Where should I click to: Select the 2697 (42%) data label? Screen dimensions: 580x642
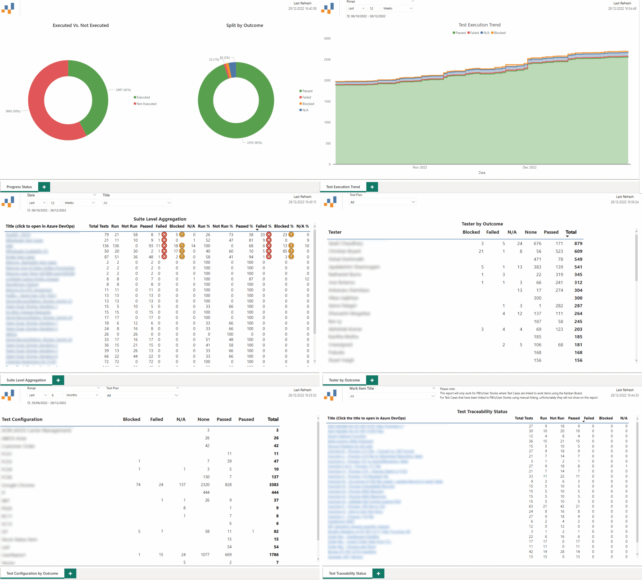[123, 90]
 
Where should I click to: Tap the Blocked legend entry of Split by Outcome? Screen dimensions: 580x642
[308, 104]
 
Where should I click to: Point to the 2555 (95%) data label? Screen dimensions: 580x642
[254, 143]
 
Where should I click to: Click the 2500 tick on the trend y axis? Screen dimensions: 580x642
[327, 59]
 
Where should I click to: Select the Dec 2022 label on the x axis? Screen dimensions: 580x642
[529, 167]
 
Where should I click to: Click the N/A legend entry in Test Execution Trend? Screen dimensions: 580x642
[486, 33]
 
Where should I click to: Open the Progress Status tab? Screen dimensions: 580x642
[19, 187]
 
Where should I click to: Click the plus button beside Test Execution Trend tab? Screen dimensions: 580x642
[372, 187]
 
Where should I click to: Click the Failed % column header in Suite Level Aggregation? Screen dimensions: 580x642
[263, 226]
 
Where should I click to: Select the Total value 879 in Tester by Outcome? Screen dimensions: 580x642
[578, 243]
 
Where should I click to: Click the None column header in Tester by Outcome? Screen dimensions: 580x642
[531, 232]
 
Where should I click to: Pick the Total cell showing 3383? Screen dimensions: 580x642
[274, 484]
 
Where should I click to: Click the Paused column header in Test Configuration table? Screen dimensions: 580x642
[246, 419]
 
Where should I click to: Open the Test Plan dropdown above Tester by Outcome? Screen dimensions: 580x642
[382, 202]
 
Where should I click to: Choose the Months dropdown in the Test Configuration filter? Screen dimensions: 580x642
[82, 395]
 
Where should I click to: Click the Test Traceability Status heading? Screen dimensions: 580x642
[482, 411]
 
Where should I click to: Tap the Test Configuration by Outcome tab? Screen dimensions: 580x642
[32, 573]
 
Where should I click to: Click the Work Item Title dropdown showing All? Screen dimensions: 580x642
[392, 396]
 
